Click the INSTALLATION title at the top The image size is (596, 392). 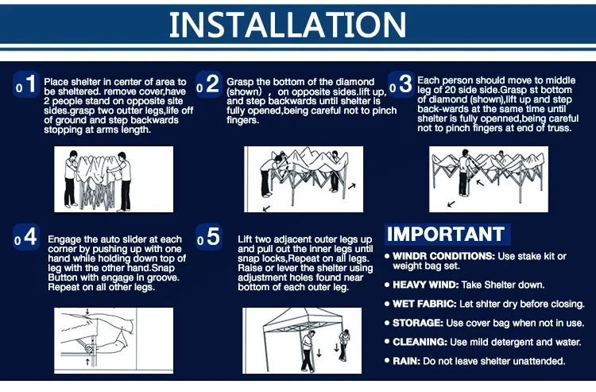point(288,25)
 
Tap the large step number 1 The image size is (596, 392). point(31,84)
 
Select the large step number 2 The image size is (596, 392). point(212,84)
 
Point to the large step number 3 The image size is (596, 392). point(405,84)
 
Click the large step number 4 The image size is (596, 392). point(30,236)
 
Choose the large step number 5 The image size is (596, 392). point(213,236)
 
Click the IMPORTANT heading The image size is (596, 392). point(446,235)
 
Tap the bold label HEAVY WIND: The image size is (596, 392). point(426,285)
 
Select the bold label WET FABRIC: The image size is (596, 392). point(424,304)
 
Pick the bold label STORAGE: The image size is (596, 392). point(418,323)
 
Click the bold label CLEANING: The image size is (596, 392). point(420,342)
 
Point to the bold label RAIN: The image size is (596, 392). point(406,361)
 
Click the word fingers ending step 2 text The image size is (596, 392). point(242,121)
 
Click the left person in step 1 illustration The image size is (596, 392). point(71,179)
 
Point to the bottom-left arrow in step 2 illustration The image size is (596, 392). point(266,208)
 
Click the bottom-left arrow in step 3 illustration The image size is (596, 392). point(451,204)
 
